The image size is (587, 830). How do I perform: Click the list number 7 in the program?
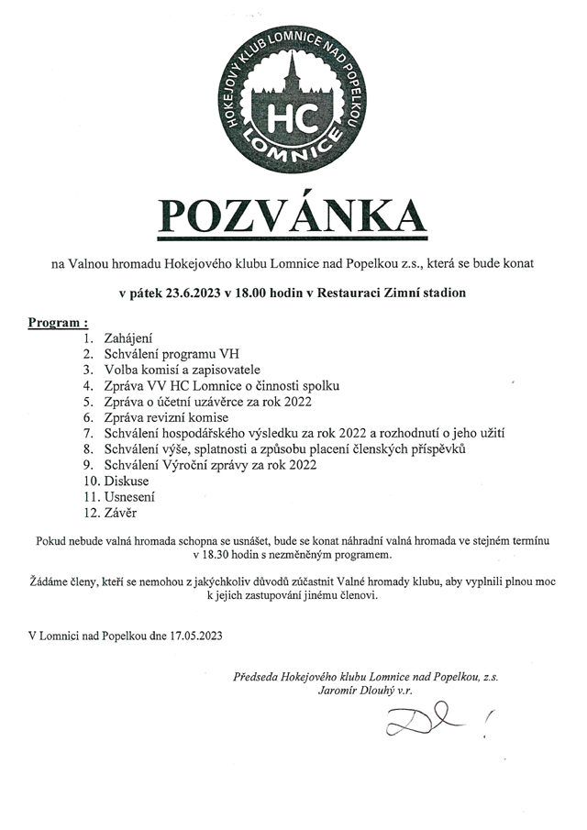click(x=88, y=433)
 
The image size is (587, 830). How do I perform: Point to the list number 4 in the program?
click(x=88, y=386)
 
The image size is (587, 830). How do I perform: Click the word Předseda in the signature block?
click(x=258, y=678)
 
